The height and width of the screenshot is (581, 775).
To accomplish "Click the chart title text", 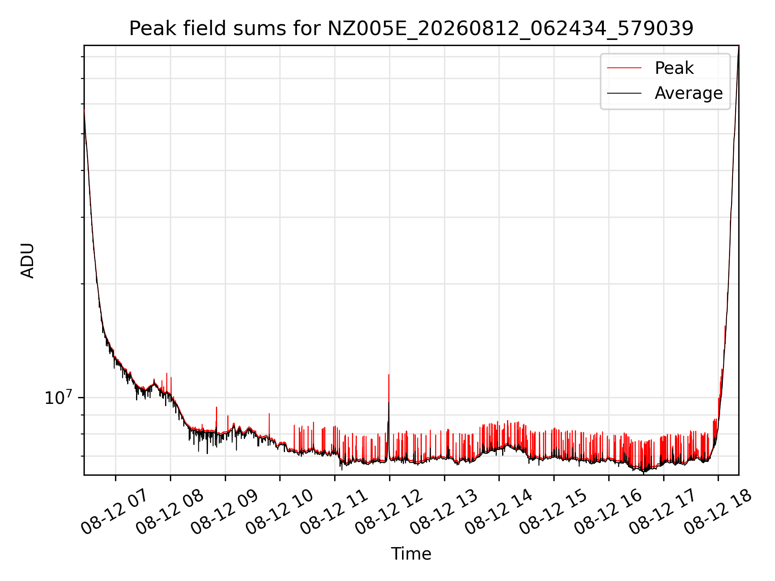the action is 411,29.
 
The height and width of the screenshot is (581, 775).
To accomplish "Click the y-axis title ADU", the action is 27,260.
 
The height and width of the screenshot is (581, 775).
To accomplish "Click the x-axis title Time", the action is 411,554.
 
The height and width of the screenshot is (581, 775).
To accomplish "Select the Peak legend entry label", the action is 674,68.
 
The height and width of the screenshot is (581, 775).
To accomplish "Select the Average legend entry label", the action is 689,93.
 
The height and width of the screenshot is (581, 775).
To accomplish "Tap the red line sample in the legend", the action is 624,68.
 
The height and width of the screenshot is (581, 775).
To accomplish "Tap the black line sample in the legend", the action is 624,93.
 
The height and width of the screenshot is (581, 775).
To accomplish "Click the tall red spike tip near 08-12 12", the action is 389,375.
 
